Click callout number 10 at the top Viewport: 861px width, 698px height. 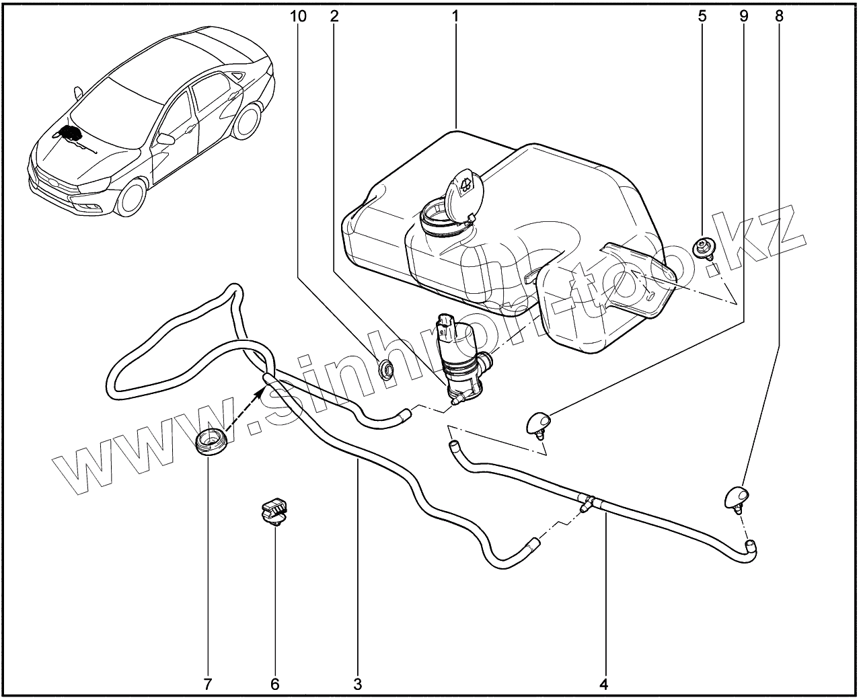pos(299,16)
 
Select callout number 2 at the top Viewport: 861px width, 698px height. pos(334,16)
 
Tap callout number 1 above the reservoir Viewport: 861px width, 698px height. pos(455,16)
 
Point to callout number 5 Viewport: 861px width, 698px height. pos(702,16)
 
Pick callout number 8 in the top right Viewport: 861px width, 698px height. pos(779,16)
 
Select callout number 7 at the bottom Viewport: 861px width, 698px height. pos(207,685)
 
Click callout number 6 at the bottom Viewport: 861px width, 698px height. pos(274,685)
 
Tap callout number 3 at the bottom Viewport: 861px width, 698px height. pos(357,685)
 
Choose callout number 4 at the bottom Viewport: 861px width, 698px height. pos(603,685)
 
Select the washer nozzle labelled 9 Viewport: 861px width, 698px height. pos(539,423)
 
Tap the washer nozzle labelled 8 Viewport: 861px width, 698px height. pos(737,497)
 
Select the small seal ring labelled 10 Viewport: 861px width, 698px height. pos(387,369)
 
